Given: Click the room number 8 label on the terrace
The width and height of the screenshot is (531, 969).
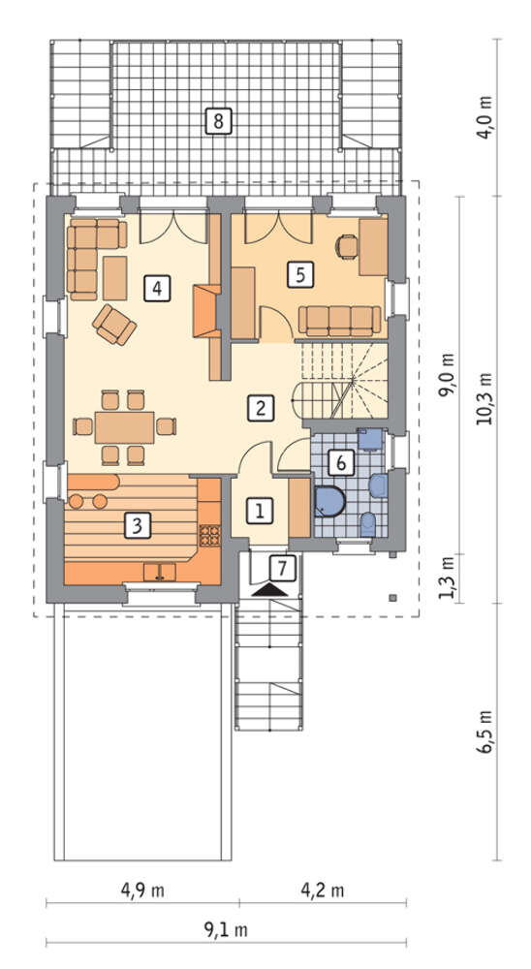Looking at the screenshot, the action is pyautogui.click(x=218, y=120).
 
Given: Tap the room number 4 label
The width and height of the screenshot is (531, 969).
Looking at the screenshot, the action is pyautogui.click(x=157, y=288).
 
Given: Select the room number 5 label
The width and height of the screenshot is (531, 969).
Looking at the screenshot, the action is pyautogui.click(x=299, y=274).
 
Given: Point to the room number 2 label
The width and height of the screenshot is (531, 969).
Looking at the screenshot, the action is pyautogui.click(x=260, y=408).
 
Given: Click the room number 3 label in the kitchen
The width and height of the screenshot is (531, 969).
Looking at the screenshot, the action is pyautogui.click(x=138, y=526).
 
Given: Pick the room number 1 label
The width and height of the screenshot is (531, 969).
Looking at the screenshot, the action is pyautogui.click(x=260, y=511).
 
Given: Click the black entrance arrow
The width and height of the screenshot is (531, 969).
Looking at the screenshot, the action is pyautogui.click(x=270, y=590).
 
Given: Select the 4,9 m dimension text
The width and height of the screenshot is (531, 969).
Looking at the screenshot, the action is pyautogui.click(x=142, y=891).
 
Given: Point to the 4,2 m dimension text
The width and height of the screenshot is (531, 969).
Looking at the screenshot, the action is pyautogui.click(x=322, y=891).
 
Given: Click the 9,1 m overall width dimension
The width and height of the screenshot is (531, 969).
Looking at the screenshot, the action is pyautogui.click(x=226, y=929).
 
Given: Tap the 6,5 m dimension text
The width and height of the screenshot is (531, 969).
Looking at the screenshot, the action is pyautogui.click(x=485, y=731).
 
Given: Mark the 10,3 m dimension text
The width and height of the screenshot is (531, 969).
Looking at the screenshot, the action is pyautogui.click(x=484, y=398).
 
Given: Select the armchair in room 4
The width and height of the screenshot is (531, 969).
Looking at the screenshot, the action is pyautogui.click(x=114, y=324).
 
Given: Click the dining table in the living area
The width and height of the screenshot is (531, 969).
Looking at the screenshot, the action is pyautogui.click(x=124, y=427).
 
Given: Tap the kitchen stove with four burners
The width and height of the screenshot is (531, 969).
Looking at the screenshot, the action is pyautogui.click(x=209, y=535).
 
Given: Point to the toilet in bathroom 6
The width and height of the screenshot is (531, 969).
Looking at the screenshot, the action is pyautogui.click(x=368, y=524).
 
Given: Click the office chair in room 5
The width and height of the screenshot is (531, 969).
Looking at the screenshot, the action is pyautogui.click(x=348, y=246).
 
